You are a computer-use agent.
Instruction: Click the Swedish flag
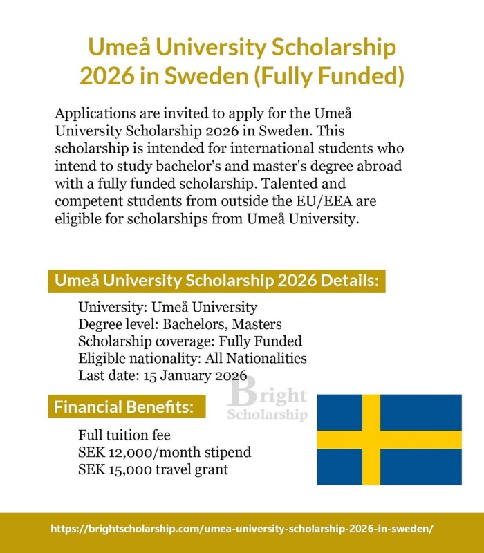click(x=389, y=440)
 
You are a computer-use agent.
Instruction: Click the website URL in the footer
click(x=242, y=528)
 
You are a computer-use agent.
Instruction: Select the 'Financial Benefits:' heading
click(x=123, y=406)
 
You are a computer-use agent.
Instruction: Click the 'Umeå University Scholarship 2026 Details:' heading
click(x=216, y=282)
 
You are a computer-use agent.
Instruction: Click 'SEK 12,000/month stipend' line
click(x=165, y=453)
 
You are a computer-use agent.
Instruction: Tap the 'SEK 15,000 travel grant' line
click(x=153, y=470)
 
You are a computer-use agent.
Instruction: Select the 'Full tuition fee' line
click(x=124, y=435)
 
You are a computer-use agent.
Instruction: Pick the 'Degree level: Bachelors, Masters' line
click(x=180, y=324)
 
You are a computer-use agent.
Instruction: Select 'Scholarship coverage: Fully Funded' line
click(x=190, y=341)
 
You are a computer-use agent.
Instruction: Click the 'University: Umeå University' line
click(x=167, y=307)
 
